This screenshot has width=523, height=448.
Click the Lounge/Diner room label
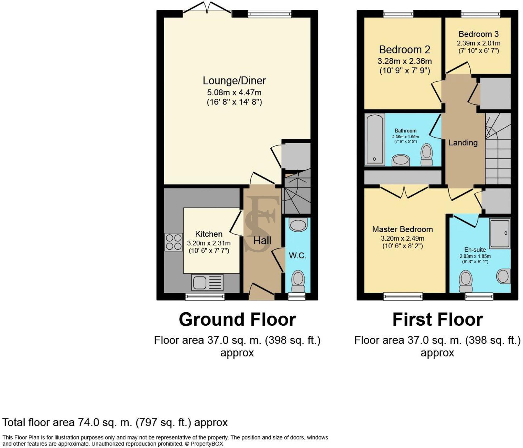234,81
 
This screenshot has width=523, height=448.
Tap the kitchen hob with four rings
174,242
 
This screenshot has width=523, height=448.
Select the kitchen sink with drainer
207,282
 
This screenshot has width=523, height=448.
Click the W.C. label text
298,256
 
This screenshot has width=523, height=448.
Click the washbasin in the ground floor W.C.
298,225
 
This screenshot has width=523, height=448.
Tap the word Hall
262,241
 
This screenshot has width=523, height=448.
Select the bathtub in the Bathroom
374,139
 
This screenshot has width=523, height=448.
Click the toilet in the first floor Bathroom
427,154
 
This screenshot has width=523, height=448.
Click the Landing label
463,143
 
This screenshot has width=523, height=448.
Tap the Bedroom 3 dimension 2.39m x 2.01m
479,43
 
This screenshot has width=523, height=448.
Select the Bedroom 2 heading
405,49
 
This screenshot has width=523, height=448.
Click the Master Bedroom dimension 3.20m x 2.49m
402,238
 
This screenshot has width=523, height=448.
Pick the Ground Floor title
237,320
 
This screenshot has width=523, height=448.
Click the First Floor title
437,320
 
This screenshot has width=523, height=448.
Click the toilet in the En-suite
466,281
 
